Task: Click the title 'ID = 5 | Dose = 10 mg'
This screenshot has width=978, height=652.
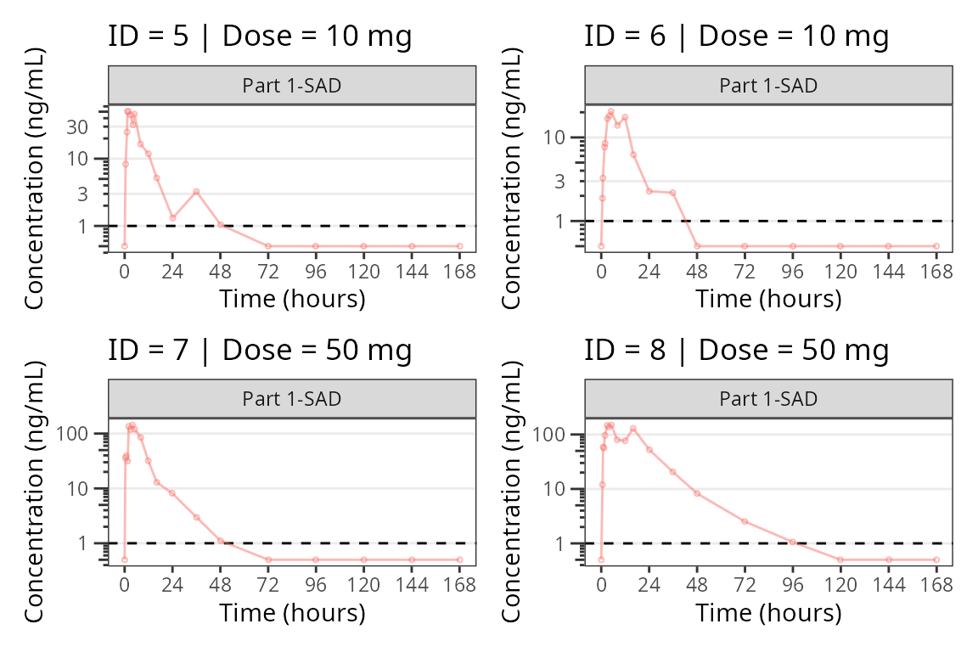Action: pyautogui.click(x=260, y=37)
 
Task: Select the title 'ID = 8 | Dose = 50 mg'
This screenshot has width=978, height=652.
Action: pyautogui.click(x=736, y=350)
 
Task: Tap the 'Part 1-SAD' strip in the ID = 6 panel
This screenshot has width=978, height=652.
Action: pyautogui.click(x=768, y=86)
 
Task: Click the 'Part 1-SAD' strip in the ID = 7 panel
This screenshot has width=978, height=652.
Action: pyautogui.click(x=292, y=399)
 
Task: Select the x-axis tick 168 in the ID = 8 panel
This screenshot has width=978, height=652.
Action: pyautogui.click(x=936, y=585)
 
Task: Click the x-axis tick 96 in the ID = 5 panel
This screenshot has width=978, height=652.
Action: pyautogui.click(x=316, y=272)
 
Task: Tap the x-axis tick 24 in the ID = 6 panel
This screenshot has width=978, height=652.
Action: pyautogui.click(x=649, y=272)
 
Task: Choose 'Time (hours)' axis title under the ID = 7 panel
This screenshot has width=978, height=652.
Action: pyautogui.click(x=292, y=612)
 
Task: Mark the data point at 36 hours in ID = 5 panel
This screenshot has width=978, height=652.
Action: pyautogui.click(x=196, y=192)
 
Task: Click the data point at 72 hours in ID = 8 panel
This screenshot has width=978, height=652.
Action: pyautogui.click(x=745, y=521)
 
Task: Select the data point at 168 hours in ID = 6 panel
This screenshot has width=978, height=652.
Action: pyautogui.click(x=936, y=246)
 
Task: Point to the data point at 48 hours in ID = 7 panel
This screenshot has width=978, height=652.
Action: pyautogui.click(x=220, y=540)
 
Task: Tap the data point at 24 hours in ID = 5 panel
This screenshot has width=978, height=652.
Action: pyautogui.click(x=172, y=218)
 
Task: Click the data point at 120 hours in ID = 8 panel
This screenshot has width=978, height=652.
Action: pyautogui.click(x=840, y=559)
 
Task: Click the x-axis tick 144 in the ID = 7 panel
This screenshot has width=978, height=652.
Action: pyautogui.click(x=412, y=585)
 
